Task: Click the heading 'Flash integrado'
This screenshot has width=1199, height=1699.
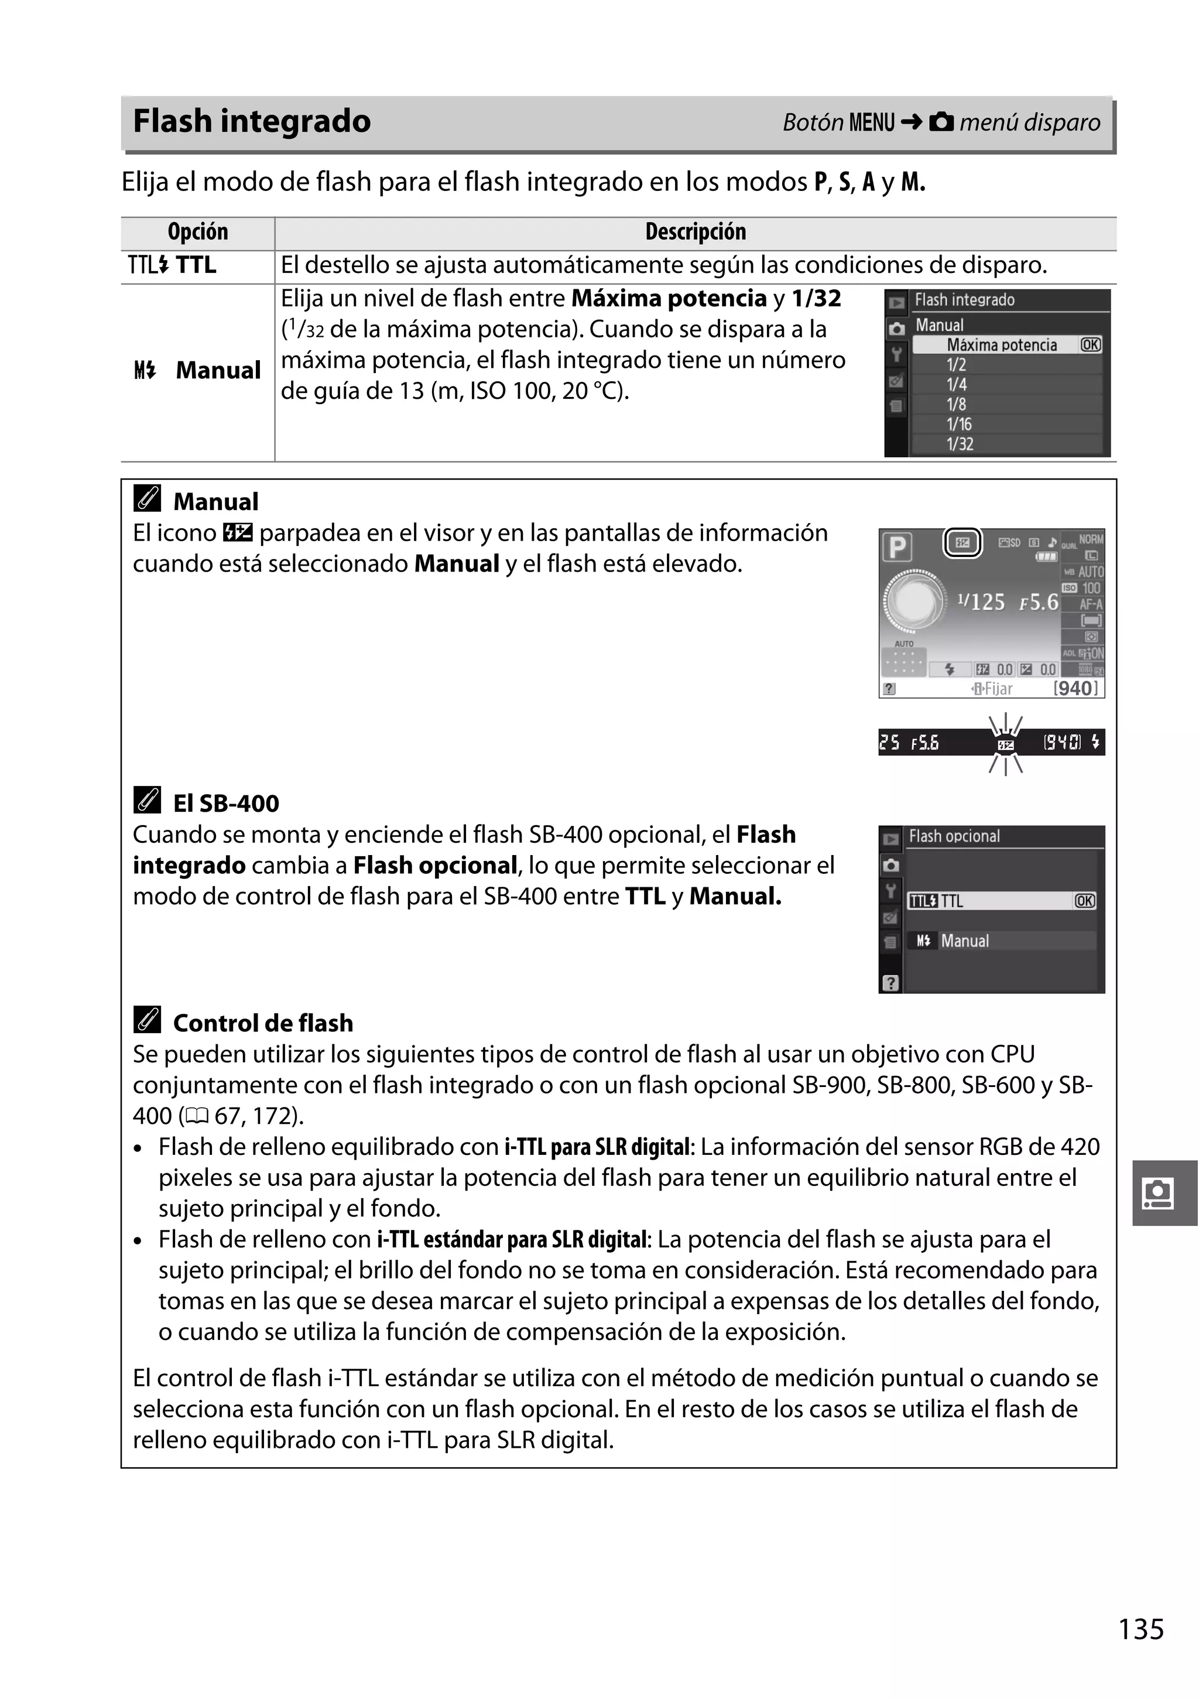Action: (252, 121)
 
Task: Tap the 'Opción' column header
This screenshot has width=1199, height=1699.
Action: (197, 233)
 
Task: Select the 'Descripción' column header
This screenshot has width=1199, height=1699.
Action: (696, 233)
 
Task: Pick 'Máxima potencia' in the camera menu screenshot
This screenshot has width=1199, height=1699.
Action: (1002, 345)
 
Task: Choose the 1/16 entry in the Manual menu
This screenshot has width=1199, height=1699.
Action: (960, 424)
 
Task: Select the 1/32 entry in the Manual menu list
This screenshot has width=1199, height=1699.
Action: (960, 444)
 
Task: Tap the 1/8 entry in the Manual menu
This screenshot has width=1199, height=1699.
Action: (957, 404)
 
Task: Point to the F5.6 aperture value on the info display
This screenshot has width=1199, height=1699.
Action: (1039, 602)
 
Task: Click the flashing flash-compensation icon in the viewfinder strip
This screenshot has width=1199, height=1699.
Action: (1005, 744)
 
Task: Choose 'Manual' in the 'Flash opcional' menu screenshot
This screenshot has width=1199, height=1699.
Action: (964, 941)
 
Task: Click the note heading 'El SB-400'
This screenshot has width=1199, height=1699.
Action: (225, 803)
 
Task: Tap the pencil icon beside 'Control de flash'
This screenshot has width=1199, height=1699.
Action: (147, 1021)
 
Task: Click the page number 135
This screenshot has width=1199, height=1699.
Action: (1140, 1629)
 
